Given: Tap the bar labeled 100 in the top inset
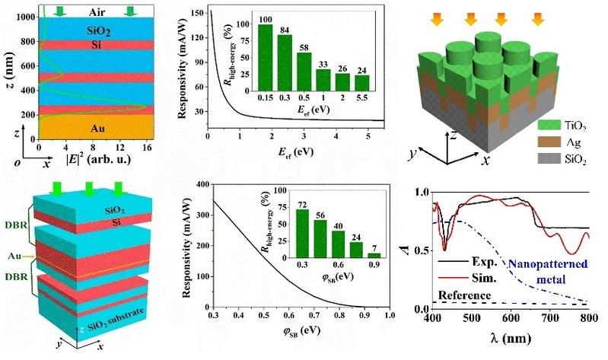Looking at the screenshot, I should coord(265,58).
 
